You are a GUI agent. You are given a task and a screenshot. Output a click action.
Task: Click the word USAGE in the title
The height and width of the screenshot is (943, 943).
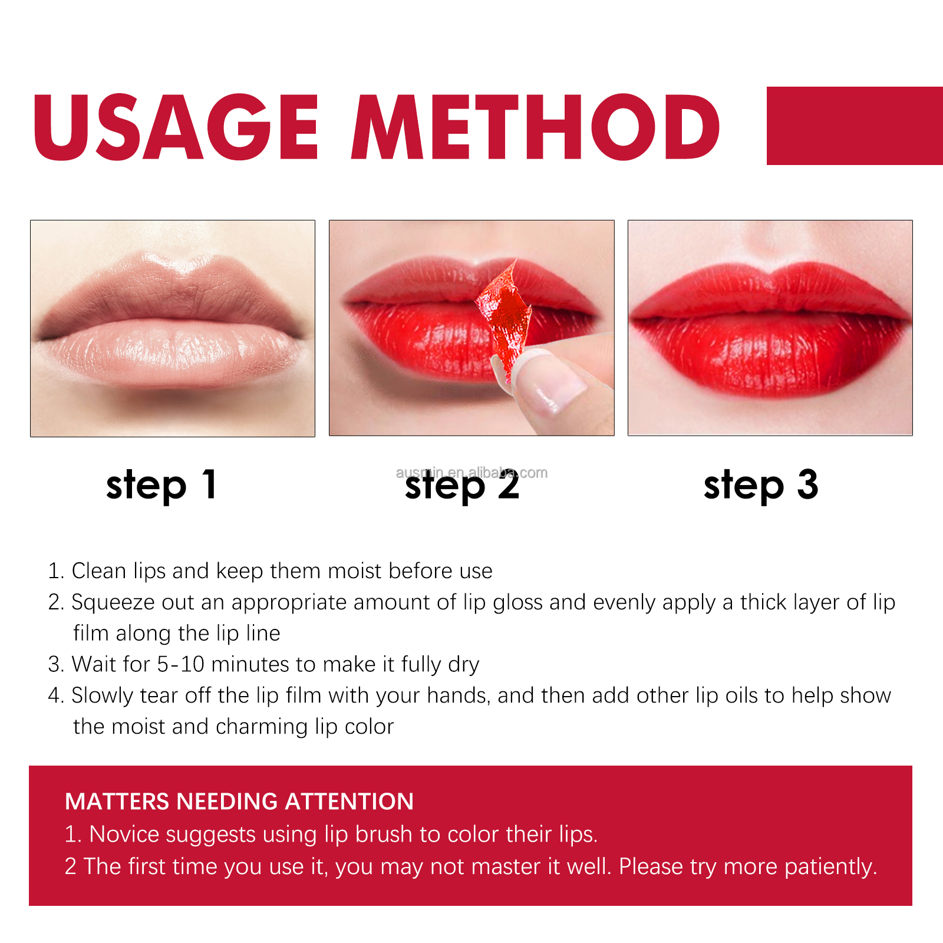pyautogui.click(x=176, y=127)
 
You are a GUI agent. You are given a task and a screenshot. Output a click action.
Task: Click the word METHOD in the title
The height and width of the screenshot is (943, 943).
pyautogui.click(x=535, y=127)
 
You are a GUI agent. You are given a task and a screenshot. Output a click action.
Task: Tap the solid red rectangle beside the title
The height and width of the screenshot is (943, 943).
pyautogui.click(x=855, y=126)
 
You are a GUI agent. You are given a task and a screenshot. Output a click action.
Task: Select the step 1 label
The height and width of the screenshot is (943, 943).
pyautogui.click(x=161, y=486)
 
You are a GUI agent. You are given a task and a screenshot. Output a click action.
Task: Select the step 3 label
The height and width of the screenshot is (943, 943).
pyautogui.click(x=761, y=486)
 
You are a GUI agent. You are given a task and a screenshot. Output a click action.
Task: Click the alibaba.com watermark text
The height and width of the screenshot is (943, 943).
pyautogui.click(x=471, y=472)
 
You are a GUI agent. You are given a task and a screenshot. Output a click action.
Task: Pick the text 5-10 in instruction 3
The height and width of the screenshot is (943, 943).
pyautogui.click(x=180, y=664)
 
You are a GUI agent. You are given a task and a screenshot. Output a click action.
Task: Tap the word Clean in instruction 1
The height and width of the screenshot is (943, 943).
pyautogui.click(x=98, y=571)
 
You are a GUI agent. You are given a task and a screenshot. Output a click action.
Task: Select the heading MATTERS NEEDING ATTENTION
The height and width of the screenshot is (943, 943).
pyautogui.click(x=239, y=802)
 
